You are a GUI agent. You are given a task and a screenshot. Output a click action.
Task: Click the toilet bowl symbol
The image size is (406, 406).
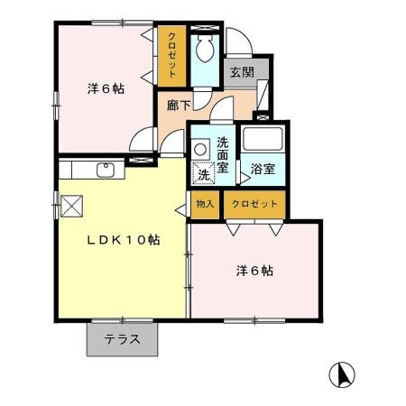205,49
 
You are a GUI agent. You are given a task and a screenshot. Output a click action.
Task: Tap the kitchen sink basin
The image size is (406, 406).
106,170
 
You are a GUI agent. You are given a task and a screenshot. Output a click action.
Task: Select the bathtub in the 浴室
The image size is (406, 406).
263,139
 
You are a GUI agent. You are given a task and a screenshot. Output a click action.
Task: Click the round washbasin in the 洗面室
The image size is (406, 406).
199,149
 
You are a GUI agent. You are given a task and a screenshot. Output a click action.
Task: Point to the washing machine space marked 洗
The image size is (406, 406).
204,173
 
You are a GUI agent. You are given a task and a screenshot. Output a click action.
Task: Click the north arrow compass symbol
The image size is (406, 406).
342,374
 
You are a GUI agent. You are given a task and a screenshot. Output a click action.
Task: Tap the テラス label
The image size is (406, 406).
123,339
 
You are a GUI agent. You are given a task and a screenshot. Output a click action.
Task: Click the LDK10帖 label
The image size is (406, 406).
124,240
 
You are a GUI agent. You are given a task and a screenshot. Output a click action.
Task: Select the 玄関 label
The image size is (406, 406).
243,72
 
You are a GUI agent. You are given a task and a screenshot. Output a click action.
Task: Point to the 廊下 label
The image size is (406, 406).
179,106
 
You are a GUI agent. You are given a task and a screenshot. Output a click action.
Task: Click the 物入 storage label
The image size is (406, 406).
205,204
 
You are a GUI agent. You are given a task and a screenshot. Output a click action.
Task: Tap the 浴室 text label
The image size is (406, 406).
263,169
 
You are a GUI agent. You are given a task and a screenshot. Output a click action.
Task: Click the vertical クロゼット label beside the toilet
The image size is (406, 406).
172,55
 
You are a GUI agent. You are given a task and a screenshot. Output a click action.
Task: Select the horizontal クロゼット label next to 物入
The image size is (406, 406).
254,204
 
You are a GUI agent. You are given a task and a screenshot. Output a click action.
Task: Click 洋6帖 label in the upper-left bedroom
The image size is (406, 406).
106,88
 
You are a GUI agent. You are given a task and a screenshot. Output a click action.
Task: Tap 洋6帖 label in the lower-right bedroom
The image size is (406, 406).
254,271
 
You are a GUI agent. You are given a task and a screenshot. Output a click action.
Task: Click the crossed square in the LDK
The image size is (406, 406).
71,206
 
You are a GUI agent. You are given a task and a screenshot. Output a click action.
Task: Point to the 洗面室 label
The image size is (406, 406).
223,155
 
